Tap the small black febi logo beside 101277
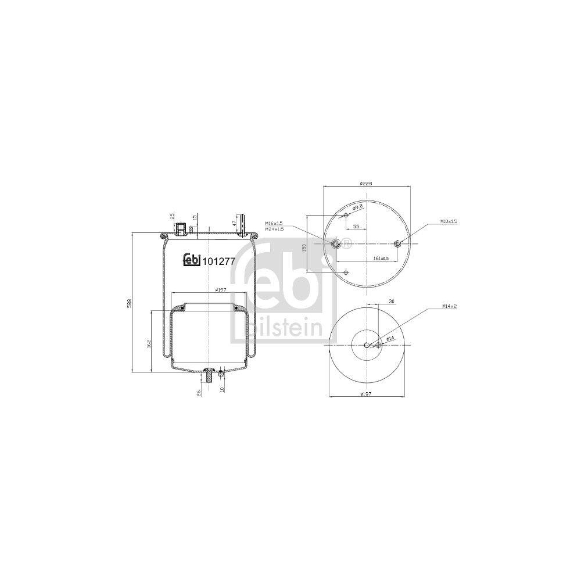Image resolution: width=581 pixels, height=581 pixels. tap(191, 261)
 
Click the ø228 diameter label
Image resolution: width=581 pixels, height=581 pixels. tap(365, 183)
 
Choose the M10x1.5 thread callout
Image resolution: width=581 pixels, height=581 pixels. tap(449, 221)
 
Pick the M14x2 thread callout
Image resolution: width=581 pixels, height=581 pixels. tap(449, 306)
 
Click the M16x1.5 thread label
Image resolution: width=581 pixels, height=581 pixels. tap(274, 223)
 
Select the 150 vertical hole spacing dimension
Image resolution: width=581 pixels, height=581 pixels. tap(304, 246)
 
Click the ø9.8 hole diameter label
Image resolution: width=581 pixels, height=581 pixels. tap(357, 207)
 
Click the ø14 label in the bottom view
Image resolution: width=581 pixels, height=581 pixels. tap(390, 338)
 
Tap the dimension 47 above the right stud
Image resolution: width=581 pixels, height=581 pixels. tap(235, 223)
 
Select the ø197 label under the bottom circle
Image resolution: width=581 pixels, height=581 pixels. tap(365, 394)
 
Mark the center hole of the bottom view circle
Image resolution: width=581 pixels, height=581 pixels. tap(367, 346)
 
